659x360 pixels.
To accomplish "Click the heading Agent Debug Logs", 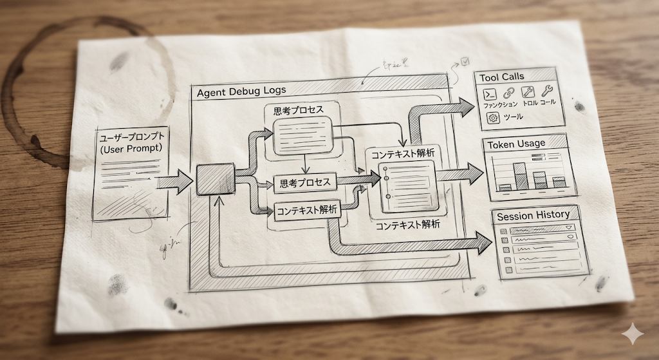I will (241, 91).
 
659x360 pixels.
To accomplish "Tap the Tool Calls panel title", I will (502, 77).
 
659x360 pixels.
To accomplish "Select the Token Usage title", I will (516, 144).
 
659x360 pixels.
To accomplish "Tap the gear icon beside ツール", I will (494, 117).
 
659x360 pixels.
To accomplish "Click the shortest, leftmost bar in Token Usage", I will (505, 187).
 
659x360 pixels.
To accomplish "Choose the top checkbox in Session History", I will (503, 229).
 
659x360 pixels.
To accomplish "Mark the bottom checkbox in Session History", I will (506, 270).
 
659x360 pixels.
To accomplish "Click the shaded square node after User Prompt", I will (215, 178).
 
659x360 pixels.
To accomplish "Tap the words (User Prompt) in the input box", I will (131, 149).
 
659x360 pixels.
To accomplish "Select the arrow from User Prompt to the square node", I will (175, 181).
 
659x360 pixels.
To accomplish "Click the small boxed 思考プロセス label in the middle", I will (305, 183).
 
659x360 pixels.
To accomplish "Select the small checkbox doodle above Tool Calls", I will (465, 62).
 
